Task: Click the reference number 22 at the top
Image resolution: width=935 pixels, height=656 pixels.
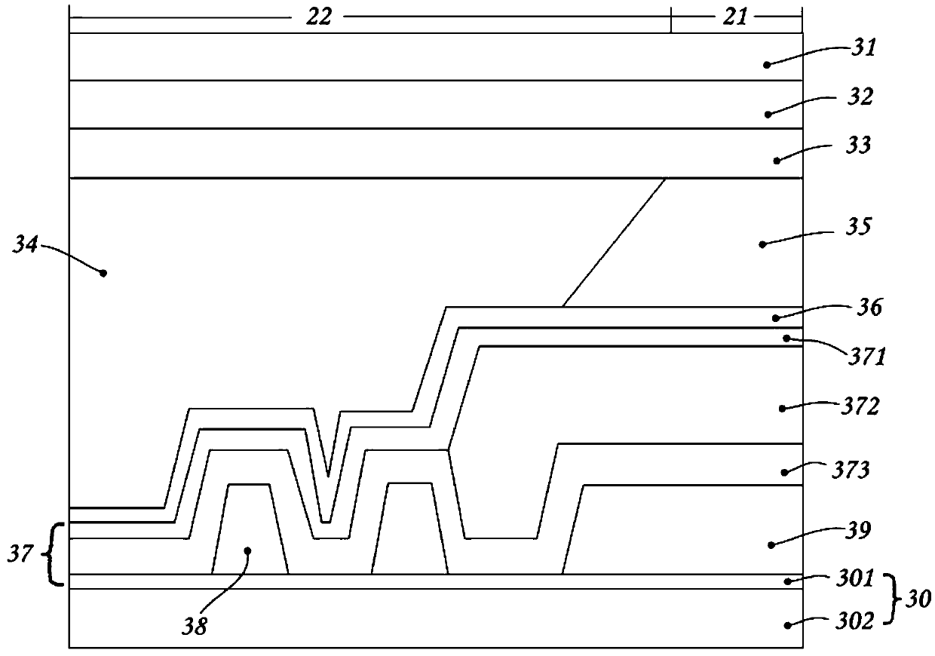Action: tap(318, 17)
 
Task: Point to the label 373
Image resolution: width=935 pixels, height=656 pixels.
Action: tap(854, 471)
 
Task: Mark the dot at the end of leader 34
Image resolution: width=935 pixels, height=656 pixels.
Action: tap(104, 272)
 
